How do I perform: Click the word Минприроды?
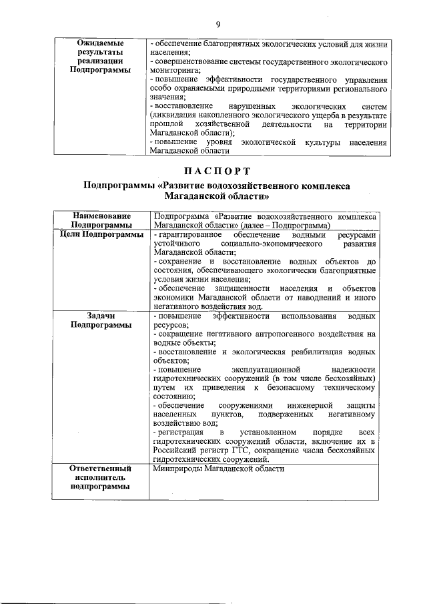tap(175, 469)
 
